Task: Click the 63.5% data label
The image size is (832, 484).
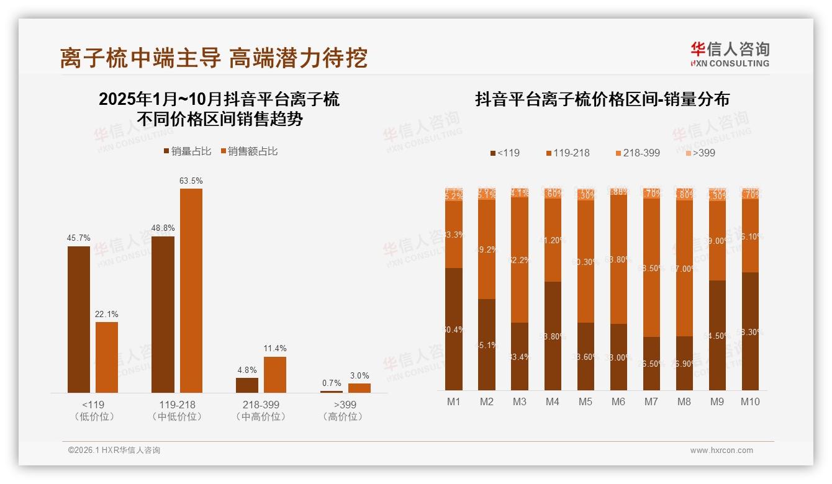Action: click(x=191, y=181)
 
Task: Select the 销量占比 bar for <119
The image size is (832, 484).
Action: click(x=79, y=319)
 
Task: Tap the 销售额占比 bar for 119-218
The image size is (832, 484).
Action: click(x=191, y=290)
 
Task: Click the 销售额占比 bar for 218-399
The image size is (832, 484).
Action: click(x=275, y=374)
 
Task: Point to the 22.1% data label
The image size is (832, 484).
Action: click(x=107, y=314)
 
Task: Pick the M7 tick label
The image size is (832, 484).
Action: click(x=651, y=401)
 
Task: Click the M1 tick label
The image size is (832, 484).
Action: click(x=454, y=401)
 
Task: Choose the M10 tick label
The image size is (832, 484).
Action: click(x=750, y=401)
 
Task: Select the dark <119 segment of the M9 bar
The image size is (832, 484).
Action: click(x=717, y=335)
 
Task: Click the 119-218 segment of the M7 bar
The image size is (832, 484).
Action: click(x=651, y=267)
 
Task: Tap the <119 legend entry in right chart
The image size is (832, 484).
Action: click(x=505, y=153)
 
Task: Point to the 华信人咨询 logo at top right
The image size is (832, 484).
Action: click(x=730, y=54)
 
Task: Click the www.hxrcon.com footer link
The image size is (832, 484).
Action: click(x=721, y=450)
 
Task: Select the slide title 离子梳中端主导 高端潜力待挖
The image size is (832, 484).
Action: click(x=214, y=58)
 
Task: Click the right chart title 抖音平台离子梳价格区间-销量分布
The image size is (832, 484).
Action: click(x=602, y=99)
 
